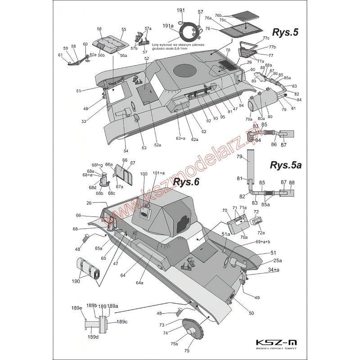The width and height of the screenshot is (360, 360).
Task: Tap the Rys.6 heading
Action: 185,182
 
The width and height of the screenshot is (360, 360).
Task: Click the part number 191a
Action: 167,27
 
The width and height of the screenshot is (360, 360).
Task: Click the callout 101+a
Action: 159,173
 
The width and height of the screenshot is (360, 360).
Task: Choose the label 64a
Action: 139,283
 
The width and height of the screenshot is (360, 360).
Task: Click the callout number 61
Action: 60,55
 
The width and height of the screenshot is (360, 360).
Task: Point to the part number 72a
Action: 260,233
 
